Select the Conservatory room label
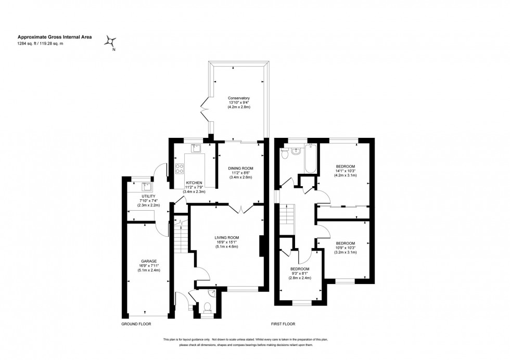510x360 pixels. (239, 98)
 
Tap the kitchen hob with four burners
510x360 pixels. (180, 168)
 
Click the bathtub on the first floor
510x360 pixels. (310, 158)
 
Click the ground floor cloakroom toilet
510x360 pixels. (207, 307)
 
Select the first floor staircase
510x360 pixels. (287, 214)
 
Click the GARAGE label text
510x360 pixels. (149, 261)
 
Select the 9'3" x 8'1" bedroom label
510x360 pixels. (300, 273)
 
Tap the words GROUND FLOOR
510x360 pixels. (136, 324)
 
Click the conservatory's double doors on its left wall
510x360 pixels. (206, 110)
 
